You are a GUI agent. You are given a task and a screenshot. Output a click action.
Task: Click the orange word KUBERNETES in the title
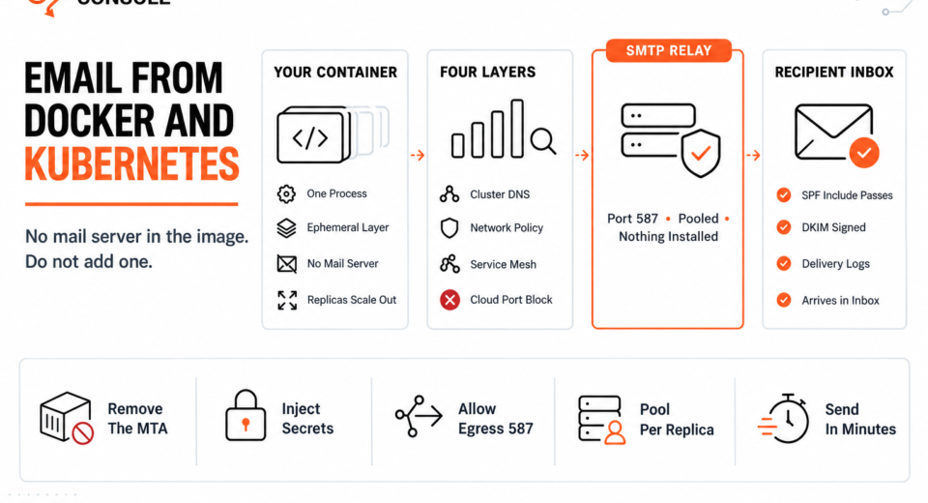(x=132, y=164)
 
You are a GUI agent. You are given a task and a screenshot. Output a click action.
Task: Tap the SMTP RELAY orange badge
(x=669, y=51)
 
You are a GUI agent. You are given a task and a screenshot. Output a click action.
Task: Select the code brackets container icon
(x=312, y=135)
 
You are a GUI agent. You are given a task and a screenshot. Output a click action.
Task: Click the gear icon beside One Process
(x=286, y=193)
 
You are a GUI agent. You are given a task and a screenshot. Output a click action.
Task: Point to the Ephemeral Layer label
(x=347, y=227)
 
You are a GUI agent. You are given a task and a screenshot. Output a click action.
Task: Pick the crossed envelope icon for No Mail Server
(x=287, y=264)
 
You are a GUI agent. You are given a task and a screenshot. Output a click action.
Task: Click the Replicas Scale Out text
(x=352, y=300)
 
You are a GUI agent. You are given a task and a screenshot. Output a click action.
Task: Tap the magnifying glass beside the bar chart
(x=542, y=141)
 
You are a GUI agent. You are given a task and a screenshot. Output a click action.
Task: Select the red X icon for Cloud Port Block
(x=449, y=301)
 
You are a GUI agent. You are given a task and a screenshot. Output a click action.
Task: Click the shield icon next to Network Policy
(x=449, y=228)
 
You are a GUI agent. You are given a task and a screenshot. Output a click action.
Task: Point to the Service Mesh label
(x=503, y=264)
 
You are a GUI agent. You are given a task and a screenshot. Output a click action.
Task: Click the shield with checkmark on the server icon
(x=701, y=154)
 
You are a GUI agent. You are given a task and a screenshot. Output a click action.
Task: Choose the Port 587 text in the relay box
(x=632, y=219)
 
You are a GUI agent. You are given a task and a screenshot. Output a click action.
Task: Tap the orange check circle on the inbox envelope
(x=864, y=152)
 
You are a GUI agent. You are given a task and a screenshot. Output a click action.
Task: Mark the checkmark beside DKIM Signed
(x=784, y=227)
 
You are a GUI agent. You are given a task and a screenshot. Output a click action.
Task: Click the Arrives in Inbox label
(x=840, y=301)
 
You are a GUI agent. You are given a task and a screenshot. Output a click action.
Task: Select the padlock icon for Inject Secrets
(x=246, y=415)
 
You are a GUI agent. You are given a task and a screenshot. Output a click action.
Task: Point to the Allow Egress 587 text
(x=495, y=419)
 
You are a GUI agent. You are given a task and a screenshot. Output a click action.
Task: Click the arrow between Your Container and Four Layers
(x=418, y=155)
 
